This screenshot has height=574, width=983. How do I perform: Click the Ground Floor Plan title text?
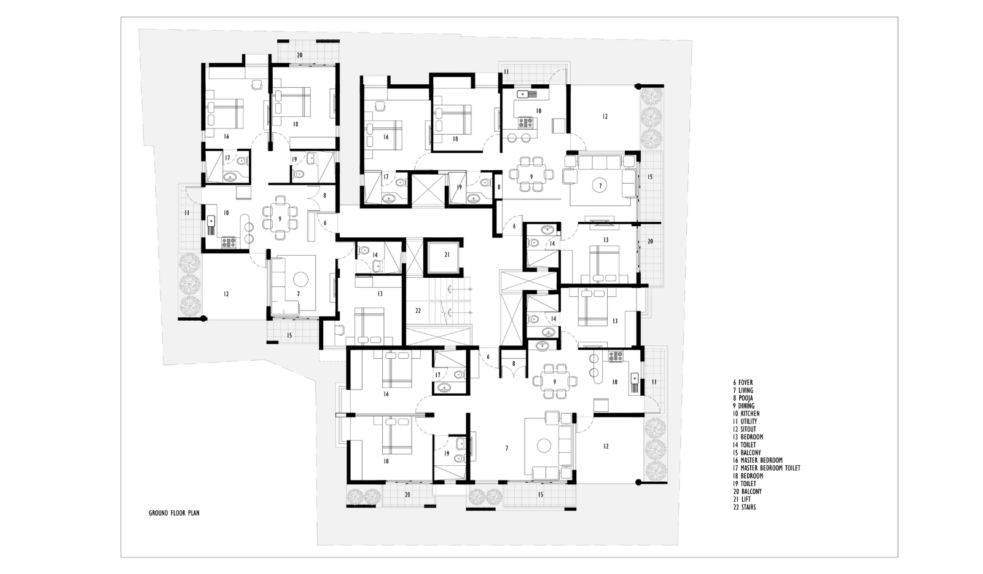(174, 513)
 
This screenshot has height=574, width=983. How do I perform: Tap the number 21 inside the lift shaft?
(447, 254)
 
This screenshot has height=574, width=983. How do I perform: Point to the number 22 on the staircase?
(418, 311)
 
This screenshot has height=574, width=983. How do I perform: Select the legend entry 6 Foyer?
(743, 383)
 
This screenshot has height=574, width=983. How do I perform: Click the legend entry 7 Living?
(743, 391)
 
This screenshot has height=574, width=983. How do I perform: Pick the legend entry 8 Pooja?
(743, 398)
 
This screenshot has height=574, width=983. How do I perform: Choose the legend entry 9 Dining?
(743, 406)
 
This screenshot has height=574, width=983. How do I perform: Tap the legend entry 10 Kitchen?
(746, 414)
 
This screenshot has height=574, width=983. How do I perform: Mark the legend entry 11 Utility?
(745, 422)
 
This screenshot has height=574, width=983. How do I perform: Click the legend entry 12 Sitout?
(744, 429)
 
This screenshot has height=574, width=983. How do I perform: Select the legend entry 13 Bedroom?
(748, 437)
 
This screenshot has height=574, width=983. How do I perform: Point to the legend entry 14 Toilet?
(744, 445)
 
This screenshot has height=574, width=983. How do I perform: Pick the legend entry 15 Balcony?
(746, 452)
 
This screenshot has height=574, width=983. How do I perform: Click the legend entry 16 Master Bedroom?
(758, 460)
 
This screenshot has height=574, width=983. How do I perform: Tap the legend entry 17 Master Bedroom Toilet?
(766, 468)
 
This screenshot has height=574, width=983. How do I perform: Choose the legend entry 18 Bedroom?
(748, 476)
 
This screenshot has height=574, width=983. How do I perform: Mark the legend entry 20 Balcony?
(747, 492)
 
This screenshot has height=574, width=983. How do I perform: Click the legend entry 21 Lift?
(742, 500)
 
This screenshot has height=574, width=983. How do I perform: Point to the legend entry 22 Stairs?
(744, 507)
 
